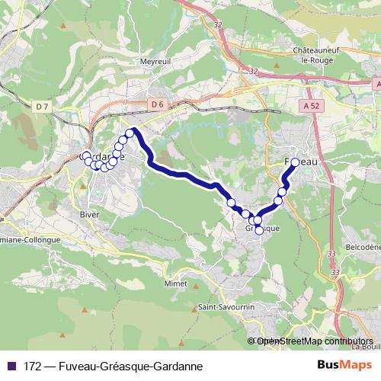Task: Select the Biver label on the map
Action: pos(89,214)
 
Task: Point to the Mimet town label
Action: pos(174,283)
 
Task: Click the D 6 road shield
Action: pos(157,104)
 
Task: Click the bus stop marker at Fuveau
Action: pos(295,162)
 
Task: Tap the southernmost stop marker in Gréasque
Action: pos(259,230)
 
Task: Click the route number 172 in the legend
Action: pos(32,366)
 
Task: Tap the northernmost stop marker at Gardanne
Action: pos(130,133)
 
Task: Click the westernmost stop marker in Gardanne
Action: pos(86,156)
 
